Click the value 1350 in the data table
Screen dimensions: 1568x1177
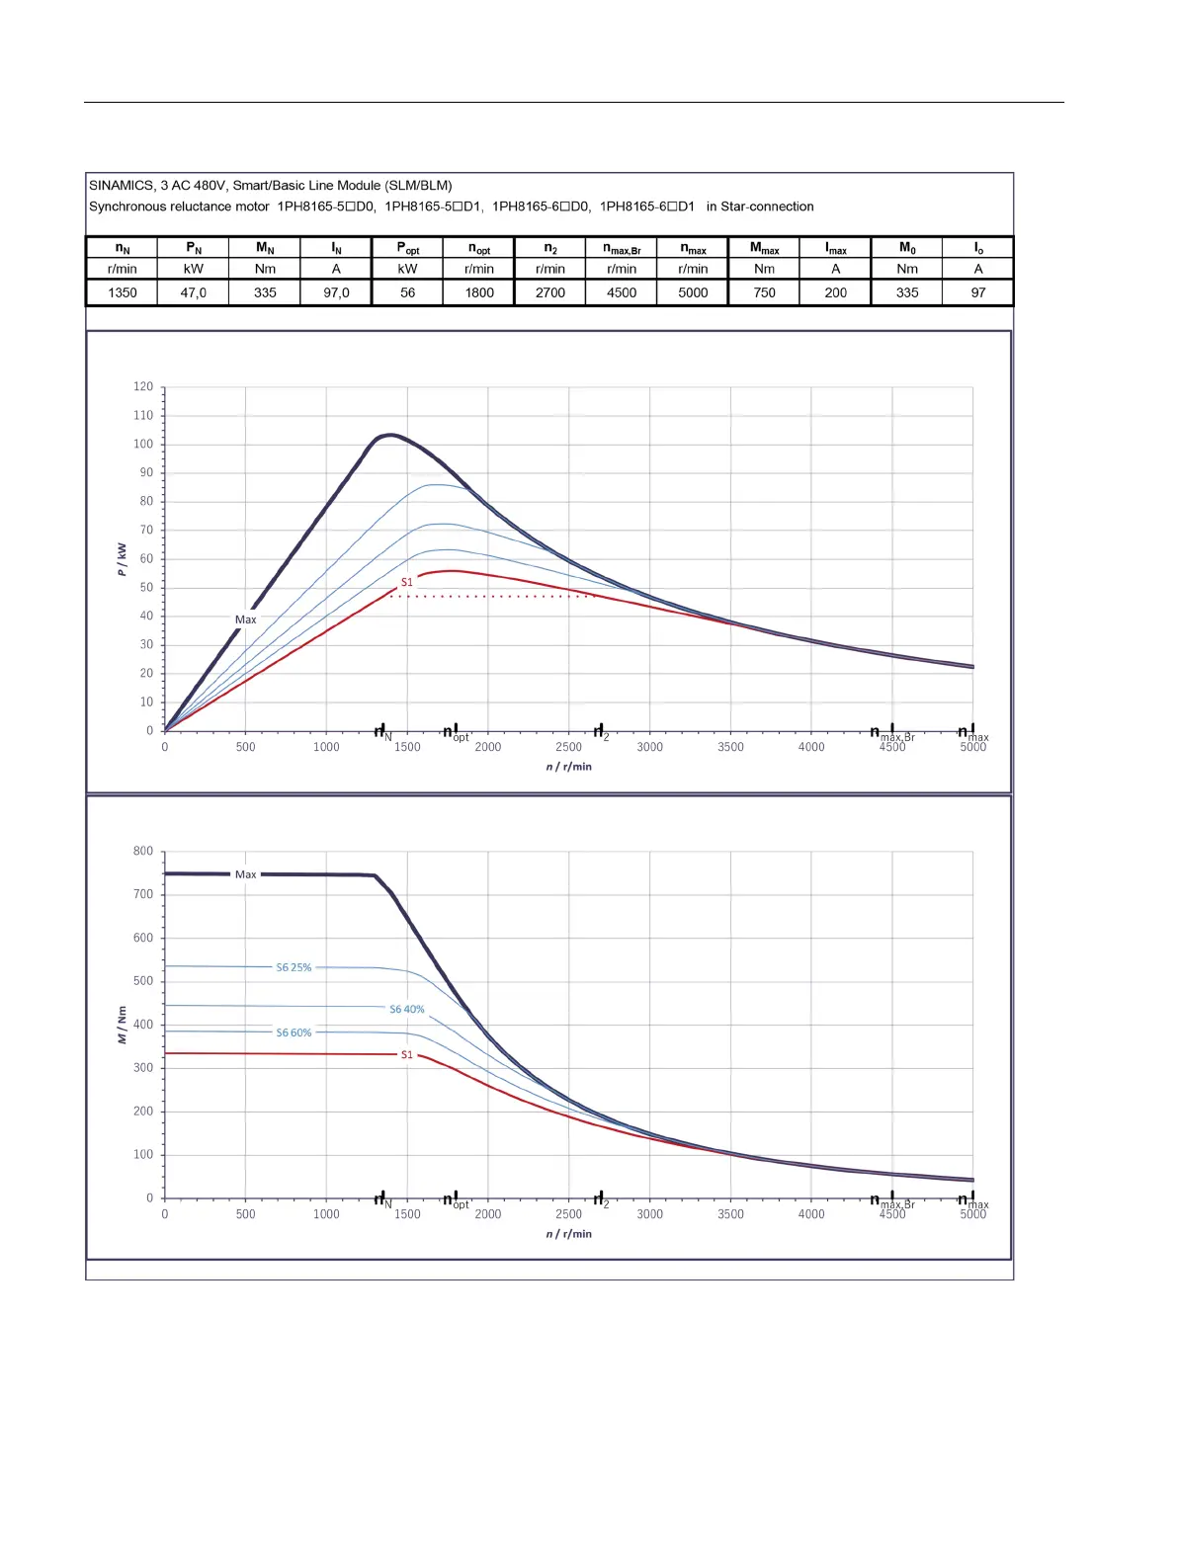pos(123,292)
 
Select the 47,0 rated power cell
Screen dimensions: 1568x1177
pos(194,292)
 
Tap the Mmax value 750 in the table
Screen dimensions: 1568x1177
pos(765,292)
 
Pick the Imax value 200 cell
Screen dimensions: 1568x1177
pos(836,292)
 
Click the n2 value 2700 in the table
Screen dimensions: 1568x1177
pos(550,292)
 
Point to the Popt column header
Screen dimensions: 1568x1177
pos(407,249)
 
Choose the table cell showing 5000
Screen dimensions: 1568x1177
pos(693,292)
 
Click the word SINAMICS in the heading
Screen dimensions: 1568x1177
pos(122,185)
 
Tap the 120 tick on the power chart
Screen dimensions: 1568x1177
pos(143,387)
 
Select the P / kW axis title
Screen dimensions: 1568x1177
pos(123,559)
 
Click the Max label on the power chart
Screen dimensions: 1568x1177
pos(245,619)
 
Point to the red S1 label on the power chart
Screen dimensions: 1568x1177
pos(407,582)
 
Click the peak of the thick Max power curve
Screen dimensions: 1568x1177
pos(390,435)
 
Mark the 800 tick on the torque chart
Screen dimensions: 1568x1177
pos(143,852)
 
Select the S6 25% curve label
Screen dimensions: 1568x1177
pos(294,967)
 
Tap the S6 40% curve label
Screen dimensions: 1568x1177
pos(407,1009)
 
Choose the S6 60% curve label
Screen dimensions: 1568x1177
pos(294,1032)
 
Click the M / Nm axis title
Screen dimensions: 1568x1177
pos(123,1025)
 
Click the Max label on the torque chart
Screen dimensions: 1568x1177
pos(245,874)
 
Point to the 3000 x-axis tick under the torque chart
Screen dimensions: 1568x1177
pos(650,1214)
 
